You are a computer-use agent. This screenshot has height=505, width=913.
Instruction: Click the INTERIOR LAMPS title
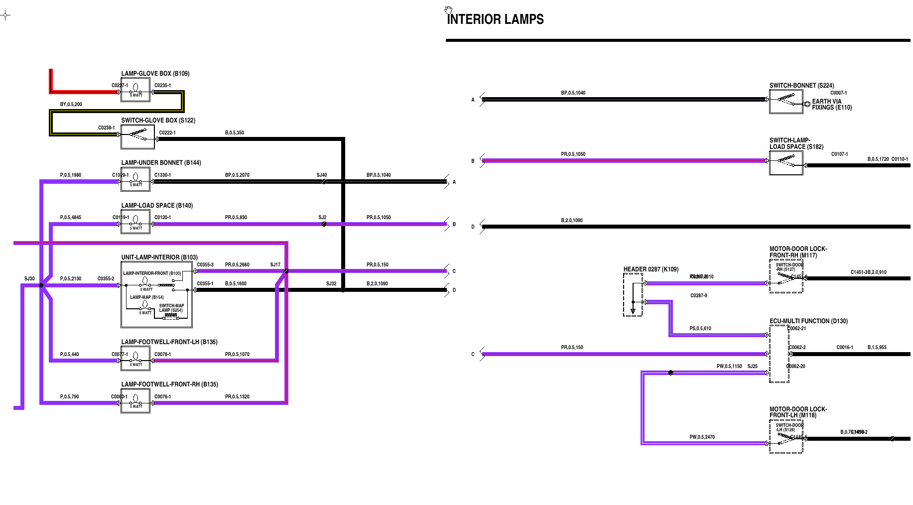coord(495,19)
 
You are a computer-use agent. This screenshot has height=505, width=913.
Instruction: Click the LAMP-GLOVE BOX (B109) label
coord(155,74)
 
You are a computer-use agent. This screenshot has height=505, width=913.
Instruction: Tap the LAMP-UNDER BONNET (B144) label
coord(161,163)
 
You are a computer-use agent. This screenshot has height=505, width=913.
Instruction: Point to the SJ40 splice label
coord(322,175)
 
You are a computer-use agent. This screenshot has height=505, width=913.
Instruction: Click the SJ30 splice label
coord(29,279)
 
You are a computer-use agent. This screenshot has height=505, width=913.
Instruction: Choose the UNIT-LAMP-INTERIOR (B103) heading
coord(159,257)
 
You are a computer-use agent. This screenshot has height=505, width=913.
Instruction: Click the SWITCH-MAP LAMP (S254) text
coord(171,308)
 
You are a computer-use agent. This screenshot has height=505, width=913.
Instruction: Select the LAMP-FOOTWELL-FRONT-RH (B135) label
coord(169,384)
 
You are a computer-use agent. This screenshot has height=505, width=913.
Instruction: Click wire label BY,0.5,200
coord(71,105)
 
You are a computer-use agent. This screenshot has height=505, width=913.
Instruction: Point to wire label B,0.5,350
coord(235,133)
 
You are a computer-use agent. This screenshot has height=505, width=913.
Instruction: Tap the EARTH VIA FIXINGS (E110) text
coord(831,105)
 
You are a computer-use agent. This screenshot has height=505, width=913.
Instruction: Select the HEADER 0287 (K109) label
coord(651,269)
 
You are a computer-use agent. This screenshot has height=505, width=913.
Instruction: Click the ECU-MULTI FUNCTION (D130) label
coord(808,321)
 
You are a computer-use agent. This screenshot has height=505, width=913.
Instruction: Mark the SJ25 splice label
coord(752,367)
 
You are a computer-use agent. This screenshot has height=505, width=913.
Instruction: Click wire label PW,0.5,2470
coord(702,437)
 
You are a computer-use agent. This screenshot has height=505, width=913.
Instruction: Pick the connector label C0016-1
coord(845,348)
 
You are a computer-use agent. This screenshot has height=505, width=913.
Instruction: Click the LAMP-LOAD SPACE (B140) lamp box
coord(135,222)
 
